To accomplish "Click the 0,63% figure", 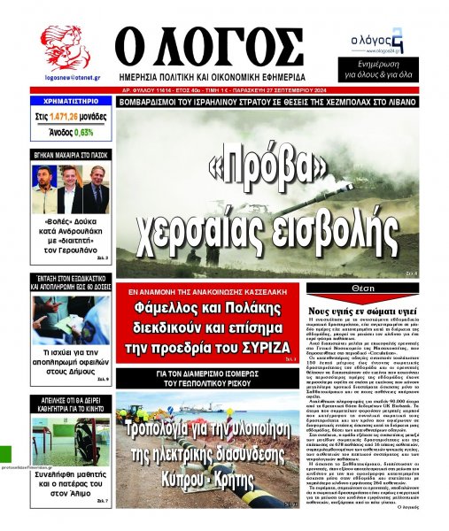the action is point(84,132).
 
